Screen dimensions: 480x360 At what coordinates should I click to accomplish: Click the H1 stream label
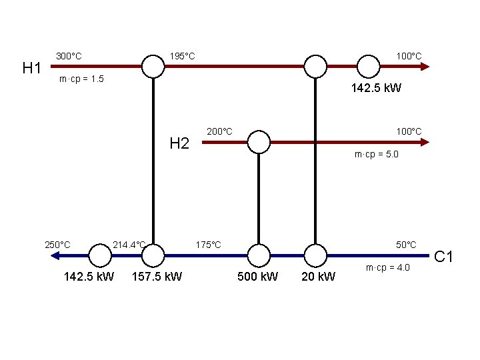pos(33,68)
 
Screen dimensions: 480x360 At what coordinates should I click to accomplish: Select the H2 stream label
pos(179,143)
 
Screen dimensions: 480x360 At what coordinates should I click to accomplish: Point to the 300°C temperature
pos(69,56)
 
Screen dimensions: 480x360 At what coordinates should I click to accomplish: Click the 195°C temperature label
pos(182,55)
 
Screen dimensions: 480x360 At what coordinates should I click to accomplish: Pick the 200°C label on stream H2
pos(219,131)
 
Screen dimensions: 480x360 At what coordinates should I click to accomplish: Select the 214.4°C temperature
pos(129,244)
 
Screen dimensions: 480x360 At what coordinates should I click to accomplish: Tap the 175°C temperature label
pos(209,245)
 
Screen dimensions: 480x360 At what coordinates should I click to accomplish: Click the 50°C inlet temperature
pos(406,245)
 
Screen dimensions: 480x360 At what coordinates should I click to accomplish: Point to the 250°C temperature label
pos(57,244)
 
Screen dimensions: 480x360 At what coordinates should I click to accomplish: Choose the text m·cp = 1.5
pos(81,79)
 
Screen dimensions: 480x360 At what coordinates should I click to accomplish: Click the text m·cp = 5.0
pos(377,155)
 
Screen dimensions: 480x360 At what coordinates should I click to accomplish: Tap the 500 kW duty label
pos(258,276)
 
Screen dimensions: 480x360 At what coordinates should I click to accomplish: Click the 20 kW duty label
pos(319,276)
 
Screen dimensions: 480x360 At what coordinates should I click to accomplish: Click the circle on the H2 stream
pos(259,142)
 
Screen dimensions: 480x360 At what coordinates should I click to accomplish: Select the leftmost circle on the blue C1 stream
pos(100,255)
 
